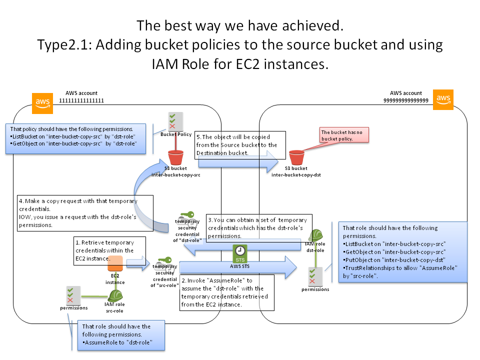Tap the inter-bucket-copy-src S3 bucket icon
[x=175, y=157]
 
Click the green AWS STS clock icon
[x=240, y=253]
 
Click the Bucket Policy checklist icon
[x=175, y=120]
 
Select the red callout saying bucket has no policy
[x=344, y=135]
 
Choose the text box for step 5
[x=241, y=145]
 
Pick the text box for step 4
[x=77, y=212]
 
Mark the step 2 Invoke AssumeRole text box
[x=226, y=292]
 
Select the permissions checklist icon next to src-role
[x=70, y=294]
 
